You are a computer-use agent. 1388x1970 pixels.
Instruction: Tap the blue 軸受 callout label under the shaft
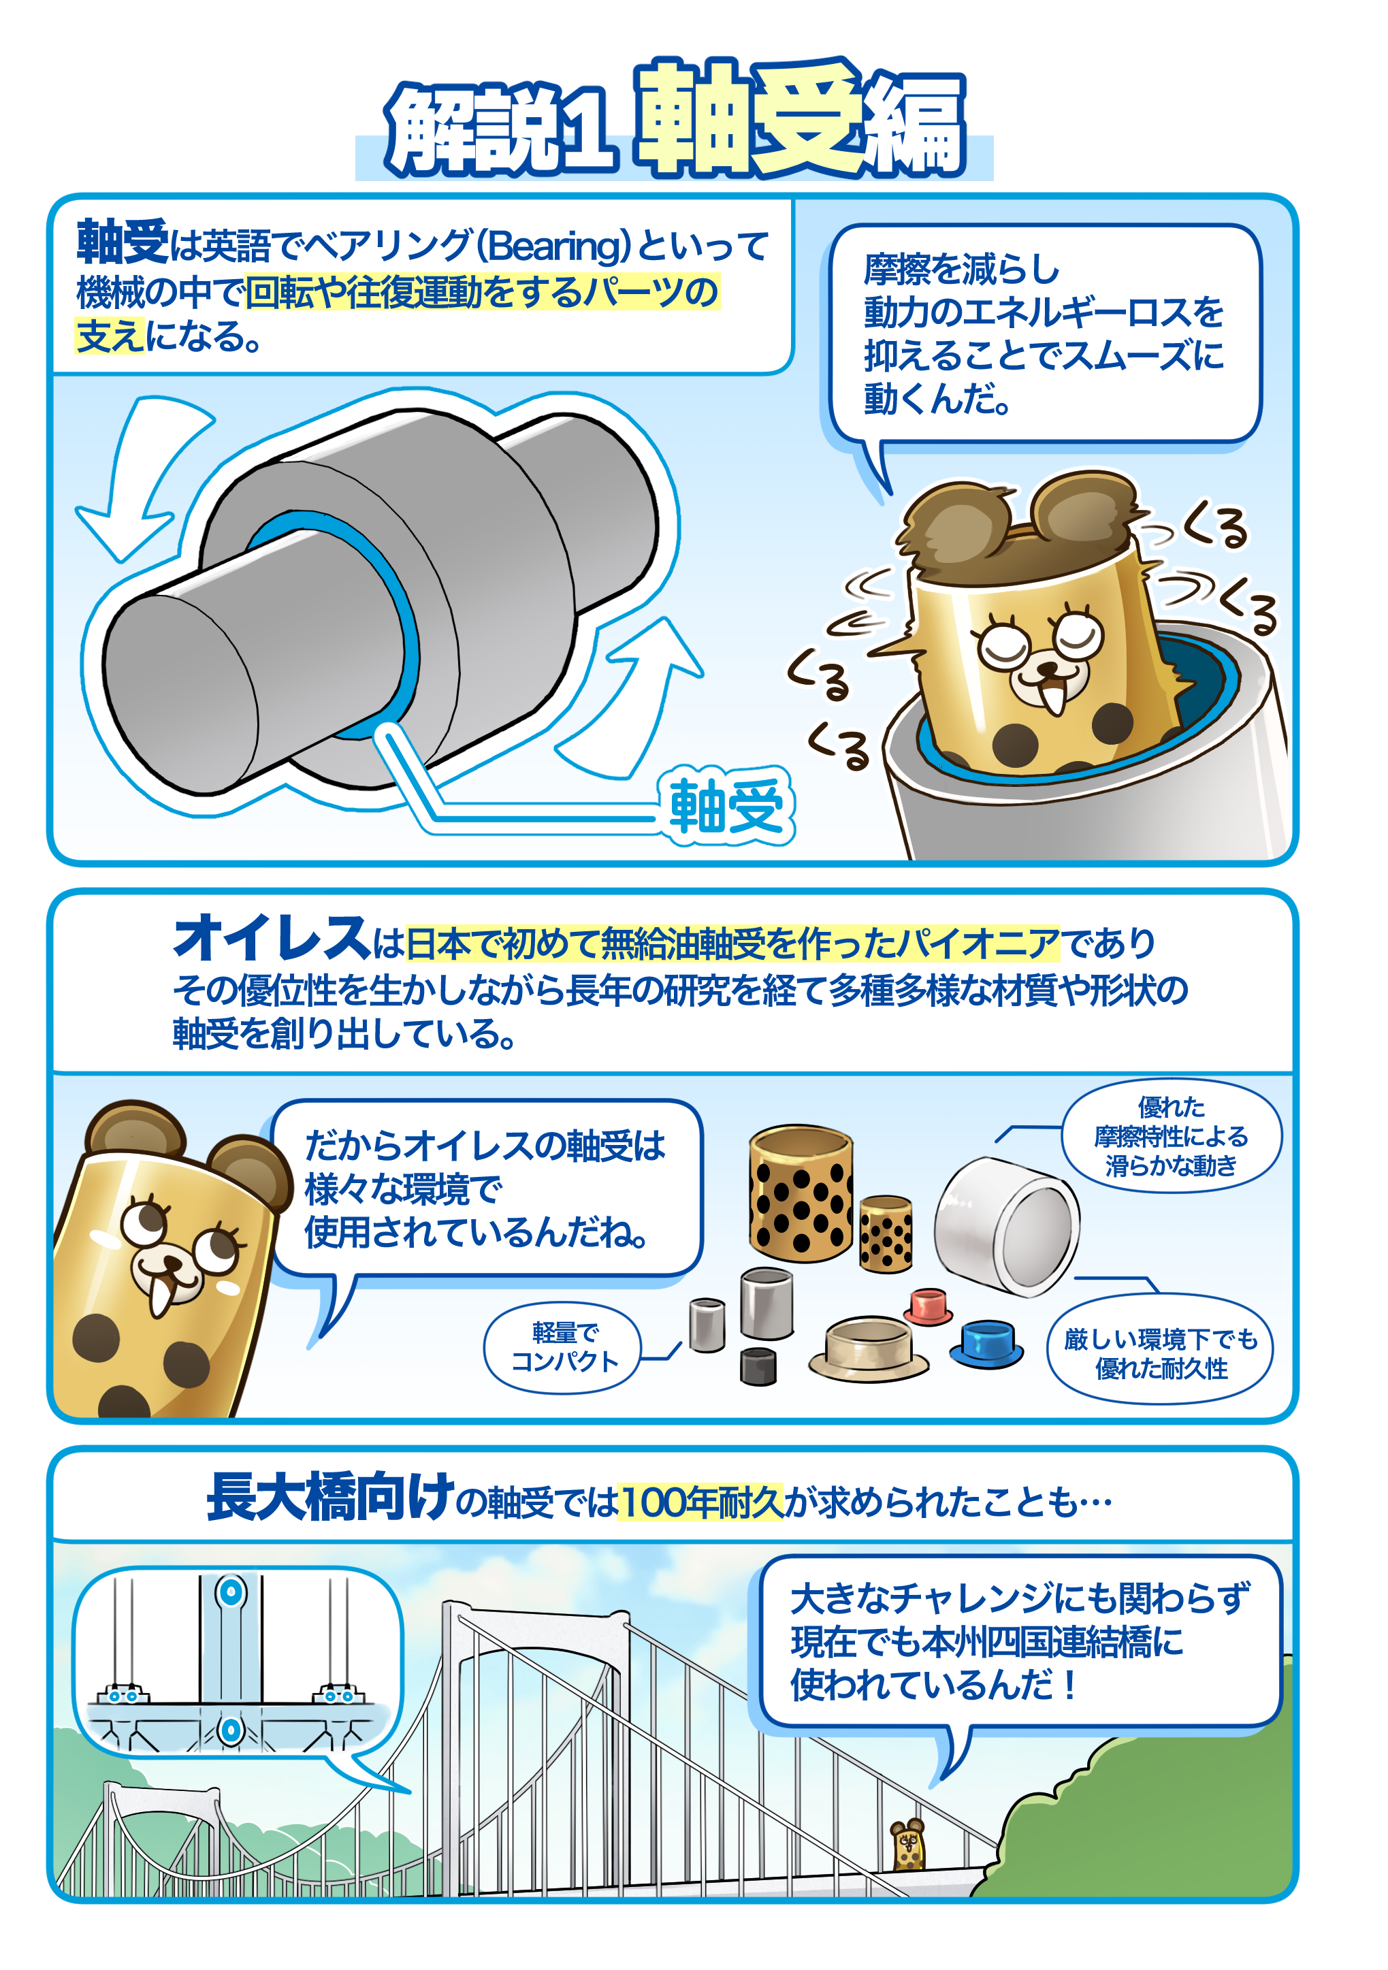pyautogui.click(x=726, y=806)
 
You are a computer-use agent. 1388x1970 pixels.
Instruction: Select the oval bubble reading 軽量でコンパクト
pyautogui.click(x=563, y=1347)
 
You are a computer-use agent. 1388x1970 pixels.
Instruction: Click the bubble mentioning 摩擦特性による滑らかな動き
pyautogui.click(x=1171, y=1136)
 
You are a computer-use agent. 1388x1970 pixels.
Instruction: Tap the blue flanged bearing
pyautogui.click(x=986, y=1344)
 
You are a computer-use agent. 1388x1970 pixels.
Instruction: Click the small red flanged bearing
pyautogui.click(x=927, y=1306)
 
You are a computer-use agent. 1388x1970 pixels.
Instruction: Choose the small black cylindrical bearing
pyautogui.click(x=758, y=1366)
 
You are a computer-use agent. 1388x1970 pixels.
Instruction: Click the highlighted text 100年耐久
pyautogui.click(x=700, y=1502)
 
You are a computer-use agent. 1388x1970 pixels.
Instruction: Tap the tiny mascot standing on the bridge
pyautogui.click(x=907, y=1844)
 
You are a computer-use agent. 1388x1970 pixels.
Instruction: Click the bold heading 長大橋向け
pyautogui.click(x=330, y=1496)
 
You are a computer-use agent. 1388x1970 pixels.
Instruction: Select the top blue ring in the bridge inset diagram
pyautogui.click(x=231, y=1592)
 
